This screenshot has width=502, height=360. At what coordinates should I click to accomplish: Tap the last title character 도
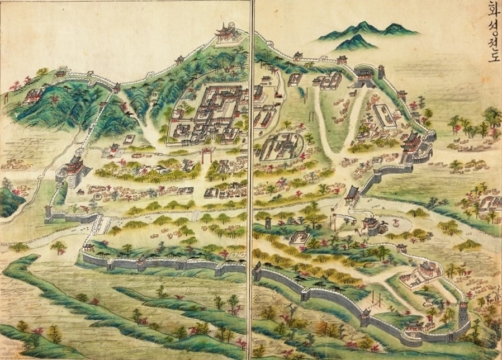pos(492,56)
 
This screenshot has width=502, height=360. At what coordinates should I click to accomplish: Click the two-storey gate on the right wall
pos(414,143)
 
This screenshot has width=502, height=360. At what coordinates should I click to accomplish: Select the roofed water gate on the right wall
pos(353,193)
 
